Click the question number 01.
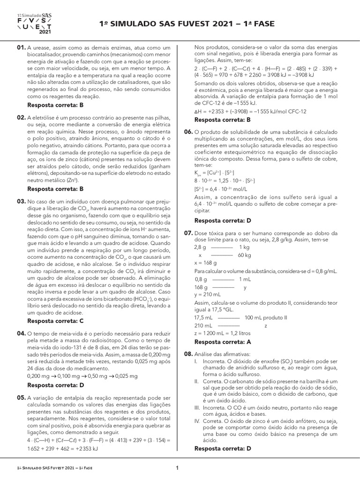21,48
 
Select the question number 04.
21,333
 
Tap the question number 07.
188,233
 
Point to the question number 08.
188,354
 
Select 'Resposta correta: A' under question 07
223,342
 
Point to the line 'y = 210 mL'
207,294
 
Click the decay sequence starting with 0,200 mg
82,376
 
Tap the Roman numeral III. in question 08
197,408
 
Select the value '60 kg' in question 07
244,255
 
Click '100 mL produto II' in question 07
265,317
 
